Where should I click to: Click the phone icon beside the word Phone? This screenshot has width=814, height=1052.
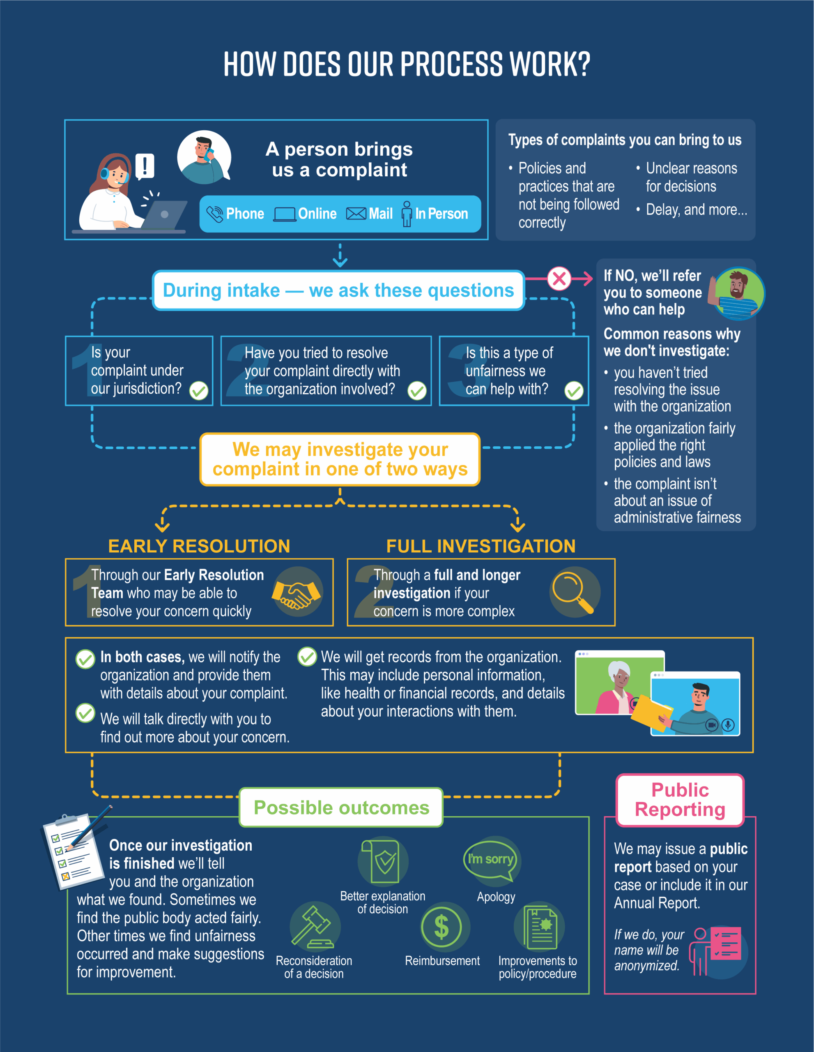[215, 214]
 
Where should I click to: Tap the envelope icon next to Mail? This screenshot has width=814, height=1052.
[356, 214]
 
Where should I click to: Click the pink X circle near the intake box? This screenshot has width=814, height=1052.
[559, 279]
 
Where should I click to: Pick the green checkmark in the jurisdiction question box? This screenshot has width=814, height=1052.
[198, 391]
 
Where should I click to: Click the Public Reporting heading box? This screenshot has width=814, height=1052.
[680, 800]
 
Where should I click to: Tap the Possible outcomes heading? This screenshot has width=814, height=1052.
[341, 808]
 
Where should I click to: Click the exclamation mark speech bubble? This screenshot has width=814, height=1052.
[145, 166]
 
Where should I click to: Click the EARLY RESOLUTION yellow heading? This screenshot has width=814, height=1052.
[199, 546]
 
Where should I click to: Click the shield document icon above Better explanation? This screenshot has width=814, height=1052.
[383, 862]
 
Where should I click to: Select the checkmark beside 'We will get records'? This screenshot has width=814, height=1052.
[307, 657]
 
